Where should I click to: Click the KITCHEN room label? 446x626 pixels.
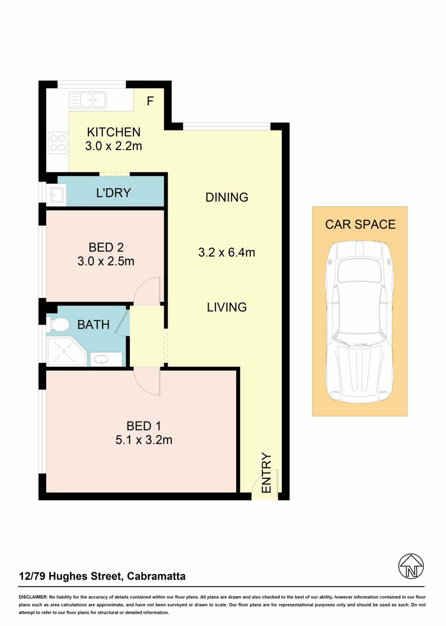point(113,132)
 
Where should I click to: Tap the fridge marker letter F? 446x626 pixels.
point(150,101)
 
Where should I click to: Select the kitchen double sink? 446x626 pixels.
point(88,100)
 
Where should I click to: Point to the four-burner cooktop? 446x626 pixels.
point(58,143)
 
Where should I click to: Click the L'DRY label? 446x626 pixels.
point(113,193)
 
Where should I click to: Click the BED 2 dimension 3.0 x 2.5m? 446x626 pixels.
point(106,261)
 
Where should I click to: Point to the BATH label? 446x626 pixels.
point(93,325)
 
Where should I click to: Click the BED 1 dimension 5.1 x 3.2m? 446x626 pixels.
point(144,440)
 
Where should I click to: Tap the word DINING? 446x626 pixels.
point(227,197)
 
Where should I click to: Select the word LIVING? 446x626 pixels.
point(227,307)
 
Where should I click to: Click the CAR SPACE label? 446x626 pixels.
point(360,224)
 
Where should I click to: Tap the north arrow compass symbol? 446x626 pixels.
point(411,566)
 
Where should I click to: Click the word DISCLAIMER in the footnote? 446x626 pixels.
point(33,597)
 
